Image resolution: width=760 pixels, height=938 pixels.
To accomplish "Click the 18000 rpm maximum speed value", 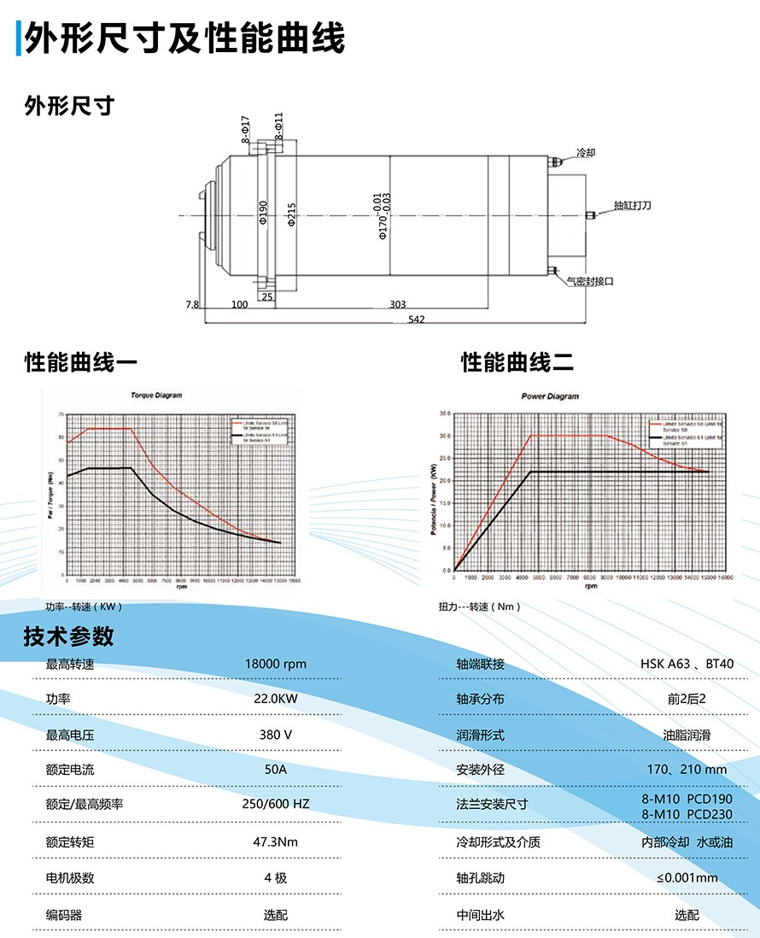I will point(275,664).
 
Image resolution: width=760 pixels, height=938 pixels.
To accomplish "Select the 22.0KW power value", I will point(275,699).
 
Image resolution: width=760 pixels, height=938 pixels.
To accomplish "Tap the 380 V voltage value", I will point(275,735).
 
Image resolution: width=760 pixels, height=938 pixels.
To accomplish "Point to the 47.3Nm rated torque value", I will point(275,842).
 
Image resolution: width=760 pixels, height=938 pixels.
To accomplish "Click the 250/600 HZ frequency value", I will point(275,804).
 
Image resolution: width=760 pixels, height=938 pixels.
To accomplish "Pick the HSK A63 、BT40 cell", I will point(687,664).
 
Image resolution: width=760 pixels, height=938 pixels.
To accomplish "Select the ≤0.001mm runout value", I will point(687,878).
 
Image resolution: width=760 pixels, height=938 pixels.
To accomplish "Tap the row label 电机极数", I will point(70,878).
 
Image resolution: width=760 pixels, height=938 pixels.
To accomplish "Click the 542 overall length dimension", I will point(417,320).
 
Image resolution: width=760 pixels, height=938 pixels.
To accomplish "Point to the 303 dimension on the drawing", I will point(397,304).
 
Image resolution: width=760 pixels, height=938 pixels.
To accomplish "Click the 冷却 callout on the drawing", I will point(586,152).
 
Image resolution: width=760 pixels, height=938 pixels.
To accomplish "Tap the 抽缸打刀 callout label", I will point(632,206).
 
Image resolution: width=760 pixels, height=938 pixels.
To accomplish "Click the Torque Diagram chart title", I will point(155,396).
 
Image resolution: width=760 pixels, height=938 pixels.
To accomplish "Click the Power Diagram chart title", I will point(550,396).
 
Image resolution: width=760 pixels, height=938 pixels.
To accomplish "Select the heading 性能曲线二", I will point(517,363).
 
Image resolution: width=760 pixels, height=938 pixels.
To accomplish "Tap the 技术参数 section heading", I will point(68,636).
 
